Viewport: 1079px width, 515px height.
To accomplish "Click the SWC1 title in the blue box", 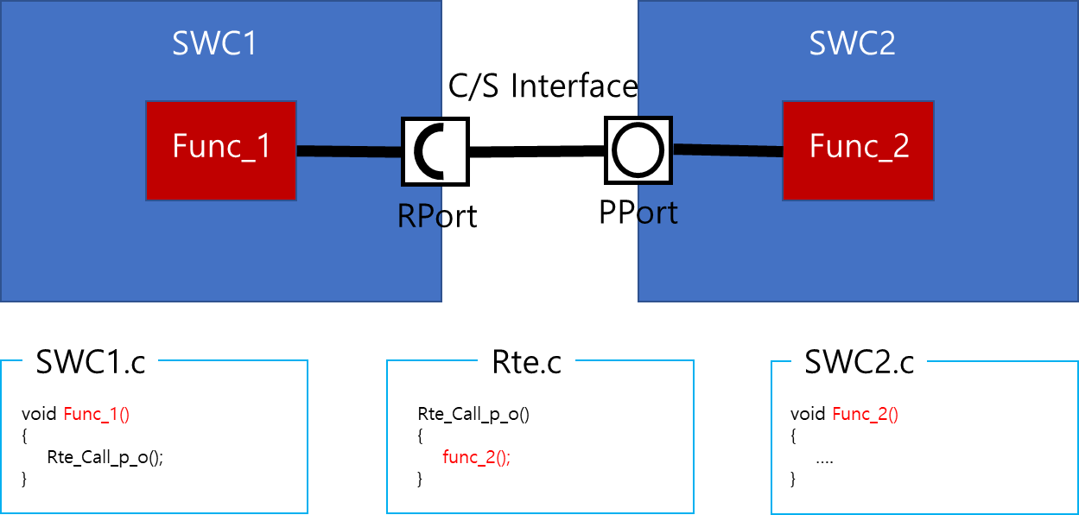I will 214,44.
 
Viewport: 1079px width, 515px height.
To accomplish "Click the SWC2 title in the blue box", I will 852,44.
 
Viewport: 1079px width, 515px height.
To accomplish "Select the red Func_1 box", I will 221,150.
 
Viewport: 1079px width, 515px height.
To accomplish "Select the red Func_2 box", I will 858,150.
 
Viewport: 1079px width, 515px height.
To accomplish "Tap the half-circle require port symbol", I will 433,150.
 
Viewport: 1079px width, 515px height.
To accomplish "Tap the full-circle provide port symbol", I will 639,149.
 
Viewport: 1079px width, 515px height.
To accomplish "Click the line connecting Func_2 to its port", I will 727,151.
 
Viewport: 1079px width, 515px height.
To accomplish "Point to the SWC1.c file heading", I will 91,362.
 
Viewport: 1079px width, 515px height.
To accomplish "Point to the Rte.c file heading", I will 526,362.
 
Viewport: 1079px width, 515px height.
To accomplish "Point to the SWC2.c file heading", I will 859,362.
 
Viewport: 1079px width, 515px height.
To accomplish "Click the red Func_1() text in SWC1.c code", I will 96,414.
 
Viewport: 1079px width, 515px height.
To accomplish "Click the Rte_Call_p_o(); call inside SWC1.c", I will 105,458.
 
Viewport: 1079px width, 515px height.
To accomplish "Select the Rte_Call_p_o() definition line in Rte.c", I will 473,414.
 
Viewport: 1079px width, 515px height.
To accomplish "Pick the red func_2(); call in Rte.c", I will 476,458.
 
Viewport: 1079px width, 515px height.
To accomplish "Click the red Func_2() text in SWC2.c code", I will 866,414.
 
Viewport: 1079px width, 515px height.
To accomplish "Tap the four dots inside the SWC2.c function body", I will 824,460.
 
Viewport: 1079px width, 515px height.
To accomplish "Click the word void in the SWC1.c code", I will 39,414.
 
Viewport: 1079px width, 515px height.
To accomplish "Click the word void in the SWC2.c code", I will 808,414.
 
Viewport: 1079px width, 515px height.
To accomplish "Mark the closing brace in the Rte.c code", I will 421,479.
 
